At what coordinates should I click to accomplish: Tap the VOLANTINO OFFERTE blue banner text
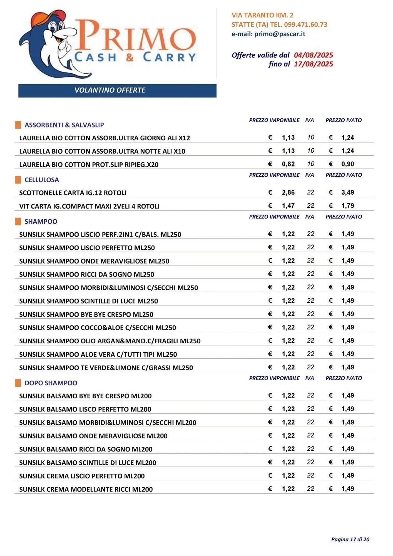110,90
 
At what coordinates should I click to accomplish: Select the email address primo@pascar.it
280,34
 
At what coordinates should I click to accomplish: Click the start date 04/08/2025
313,55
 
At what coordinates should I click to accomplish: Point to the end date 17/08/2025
313,64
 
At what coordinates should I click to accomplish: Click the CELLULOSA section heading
42,180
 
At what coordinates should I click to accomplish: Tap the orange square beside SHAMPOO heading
18,222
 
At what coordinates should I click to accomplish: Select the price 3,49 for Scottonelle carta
347,192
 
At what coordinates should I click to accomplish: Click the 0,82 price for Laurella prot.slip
288,164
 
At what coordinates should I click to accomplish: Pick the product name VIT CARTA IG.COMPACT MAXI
89,206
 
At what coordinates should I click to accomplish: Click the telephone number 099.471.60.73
306,24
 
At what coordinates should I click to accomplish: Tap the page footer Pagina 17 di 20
350,539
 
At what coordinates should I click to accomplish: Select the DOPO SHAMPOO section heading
51,383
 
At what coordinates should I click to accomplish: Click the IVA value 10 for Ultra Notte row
310,151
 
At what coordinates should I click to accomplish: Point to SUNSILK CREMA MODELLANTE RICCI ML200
86,489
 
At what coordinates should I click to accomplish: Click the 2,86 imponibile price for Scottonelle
288,192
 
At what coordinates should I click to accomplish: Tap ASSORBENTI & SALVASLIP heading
64,125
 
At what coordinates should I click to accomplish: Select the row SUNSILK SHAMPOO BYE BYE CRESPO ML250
86,314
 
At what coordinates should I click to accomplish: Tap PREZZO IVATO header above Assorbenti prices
344,120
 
